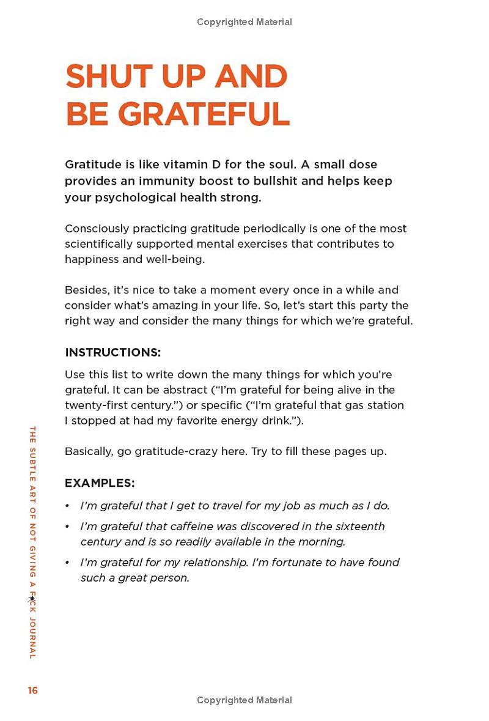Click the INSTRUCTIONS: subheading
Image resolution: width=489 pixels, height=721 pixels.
point(113,352)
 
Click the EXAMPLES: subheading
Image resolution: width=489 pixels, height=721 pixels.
point(100,483)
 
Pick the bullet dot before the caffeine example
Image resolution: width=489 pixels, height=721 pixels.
point(67,527)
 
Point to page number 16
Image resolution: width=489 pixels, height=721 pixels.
point(32,690)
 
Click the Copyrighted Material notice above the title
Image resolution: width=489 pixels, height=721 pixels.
point(244,22)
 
